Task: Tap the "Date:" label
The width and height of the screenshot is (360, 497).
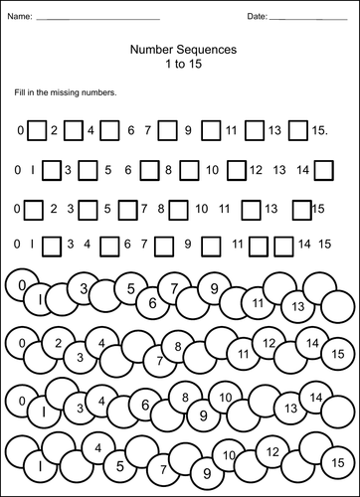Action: tap(257, 17)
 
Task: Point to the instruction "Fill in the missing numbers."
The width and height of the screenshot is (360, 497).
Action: tap(66, 92)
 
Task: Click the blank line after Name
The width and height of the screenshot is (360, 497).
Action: tap(96, 19)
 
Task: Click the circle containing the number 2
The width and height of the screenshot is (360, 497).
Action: tap(59, 344)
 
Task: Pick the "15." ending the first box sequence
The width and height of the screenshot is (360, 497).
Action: tap(320, 130)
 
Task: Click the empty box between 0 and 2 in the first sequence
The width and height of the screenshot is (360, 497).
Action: tap(37, 130)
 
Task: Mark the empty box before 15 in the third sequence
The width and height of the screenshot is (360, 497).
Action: tap(301, 209)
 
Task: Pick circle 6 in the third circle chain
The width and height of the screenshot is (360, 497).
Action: tap(145, 406)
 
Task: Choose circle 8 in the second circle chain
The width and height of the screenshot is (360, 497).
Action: tap(178, 347)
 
